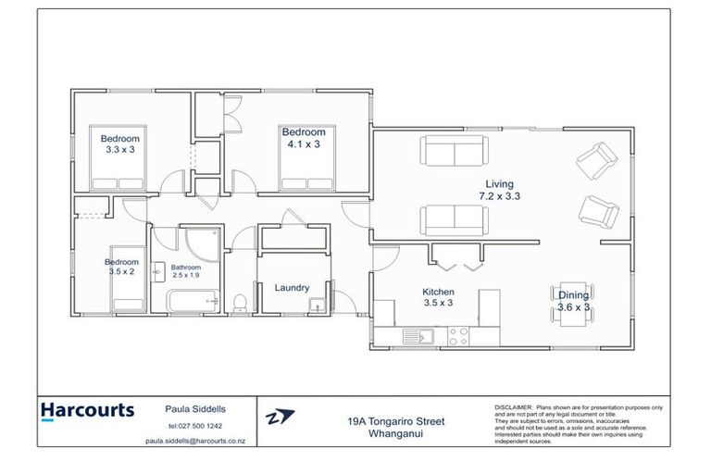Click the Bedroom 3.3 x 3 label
pos(119,143)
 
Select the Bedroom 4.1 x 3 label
pos(304,138)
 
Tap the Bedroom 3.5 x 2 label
pos(119,267)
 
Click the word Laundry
pos(292,288)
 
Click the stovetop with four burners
pos(458,336)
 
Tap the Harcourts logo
pos(88,410)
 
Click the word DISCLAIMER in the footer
pos(512,406)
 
